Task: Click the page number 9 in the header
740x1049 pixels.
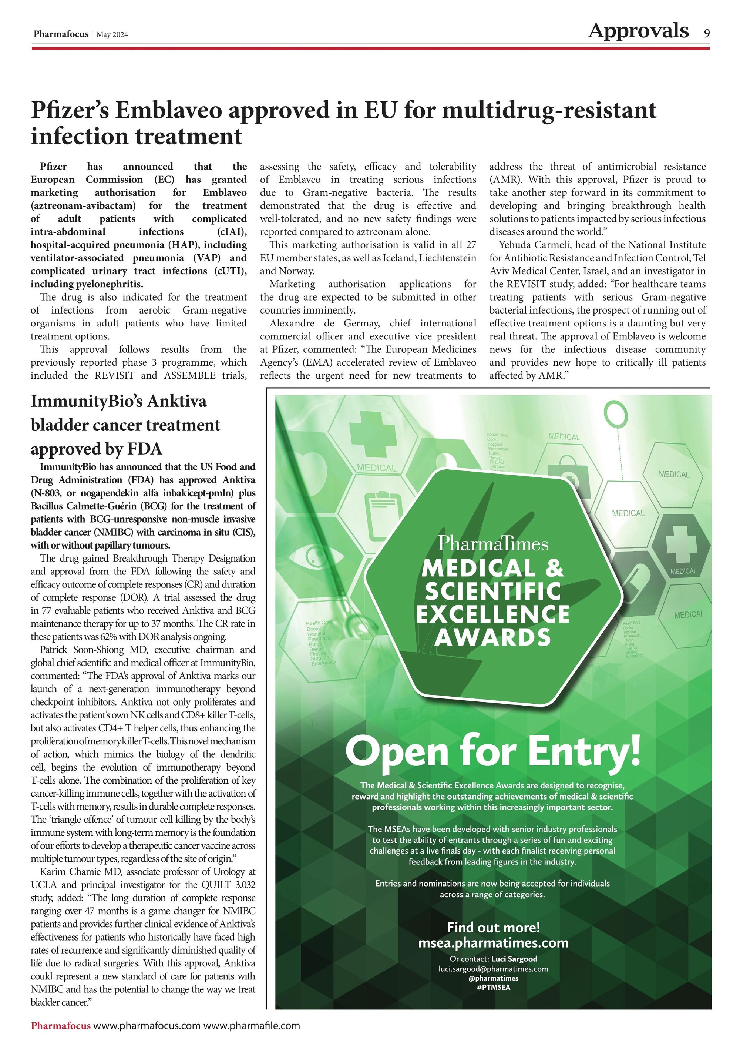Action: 706,33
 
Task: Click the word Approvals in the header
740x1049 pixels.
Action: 638,31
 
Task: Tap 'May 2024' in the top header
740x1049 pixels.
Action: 112,35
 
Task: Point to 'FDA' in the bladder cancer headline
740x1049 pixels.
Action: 144,449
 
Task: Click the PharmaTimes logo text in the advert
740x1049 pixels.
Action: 493,543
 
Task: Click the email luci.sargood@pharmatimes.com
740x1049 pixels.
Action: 493,969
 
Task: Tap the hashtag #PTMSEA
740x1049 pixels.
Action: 493,987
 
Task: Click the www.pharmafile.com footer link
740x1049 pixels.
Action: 252,1026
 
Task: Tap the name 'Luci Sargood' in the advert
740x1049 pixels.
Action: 514,959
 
